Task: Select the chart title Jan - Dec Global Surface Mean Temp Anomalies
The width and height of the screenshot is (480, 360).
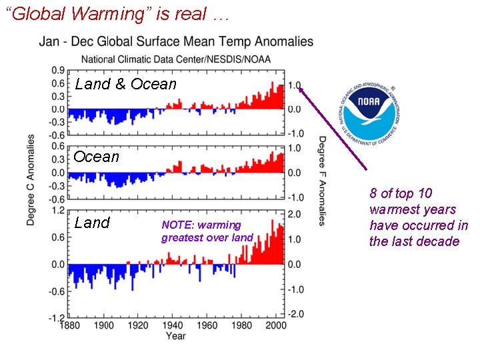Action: pyautogui.click(x=176, y=41)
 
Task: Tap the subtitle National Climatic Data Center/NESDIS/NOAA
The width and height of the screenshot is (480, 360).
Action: pyautogui.click(x=176, y=59)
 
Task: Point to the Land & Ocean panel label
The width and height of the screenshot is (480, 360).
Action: pyautogui.click(x=126, y=84)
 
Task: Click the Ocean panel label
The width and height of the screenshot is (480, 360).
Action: pyautogui.click(x=97, y=157)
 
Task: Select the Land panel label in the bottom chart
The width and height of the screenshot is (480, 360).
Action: pyautogui.click(x=92, y=223)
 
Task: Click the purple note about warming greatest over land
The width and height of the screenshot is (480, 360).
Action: pyautogui.click(x=207, y=231)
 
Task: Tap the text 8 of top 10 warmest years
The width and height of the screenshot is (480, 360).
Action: pyautogui.click(x=419, y=217)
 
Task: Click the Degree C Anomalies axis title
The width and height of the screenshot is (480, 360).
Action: pyautogui.click(x=31, y=180)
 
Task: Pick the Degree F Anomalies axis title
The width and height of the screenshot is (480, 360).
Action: pyautogui.click(x=322, y=180)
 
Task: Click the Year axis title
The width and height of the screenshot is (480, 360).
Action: pyautogui.click(x=175, y=336)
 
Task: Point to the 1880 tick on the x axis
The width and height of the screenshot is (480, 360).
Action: pyautogui.click(x=69, y=325)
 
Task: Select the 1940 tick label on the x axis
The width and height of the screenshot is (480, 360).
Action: pyautogui.click(x=173, y=325)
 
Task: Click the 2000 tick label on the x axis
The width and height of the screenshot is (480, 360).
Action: pyautogui.click(x=276, y=325)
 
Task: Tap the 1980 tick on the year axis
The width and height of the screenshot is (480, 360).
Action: pyautogui.click(x=242, y=325)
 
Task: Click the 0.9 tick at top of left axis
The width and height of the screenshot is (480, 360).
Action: pyautogui.click(x=58, y=70)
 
